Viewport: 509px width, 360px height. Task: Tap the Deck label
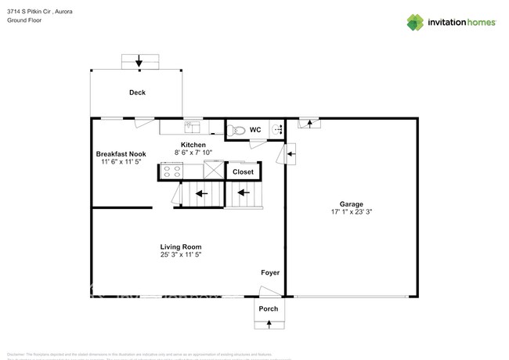click(x=137, y=92)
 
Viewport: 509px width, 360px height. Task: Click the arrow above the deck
click(x=139, y=62)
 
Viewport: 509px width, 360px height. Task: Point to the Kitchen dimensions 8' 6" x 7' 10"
click(x=193, y=153)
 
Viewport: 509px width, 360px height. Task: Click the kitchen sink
click(x=192, y=125)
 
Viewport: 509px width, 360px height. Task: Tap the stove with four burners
click(x=171, y=171)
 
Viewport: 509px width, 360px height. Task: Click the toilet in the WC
click(x=240, y=130)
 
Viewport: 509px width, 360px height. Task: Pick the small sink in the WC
click(x=276, y=130)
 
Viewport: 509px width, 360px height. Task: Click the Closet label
click(x=243, y=171)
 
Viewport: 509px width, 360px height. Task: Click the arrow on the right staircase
click(x=244, y=192)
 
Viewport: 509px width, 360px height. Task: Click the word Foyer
click(x=270, y=272)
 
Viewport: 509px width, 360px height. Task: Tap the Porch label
click(x=269, y=308)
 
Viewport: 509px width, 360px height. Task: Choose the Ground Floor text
click(x=23, y=20)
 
